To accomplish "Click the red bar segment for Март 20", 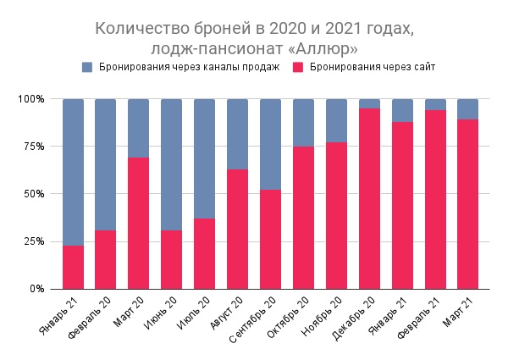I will pos(138,223).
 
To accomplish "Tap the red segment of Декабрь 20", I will pos(370,198).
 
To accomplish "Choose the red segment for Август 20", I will pos(238,229).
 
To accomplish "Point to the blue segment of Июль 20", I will pos(205,158).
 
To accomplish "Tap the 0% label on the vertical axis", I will pos(37,289).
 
